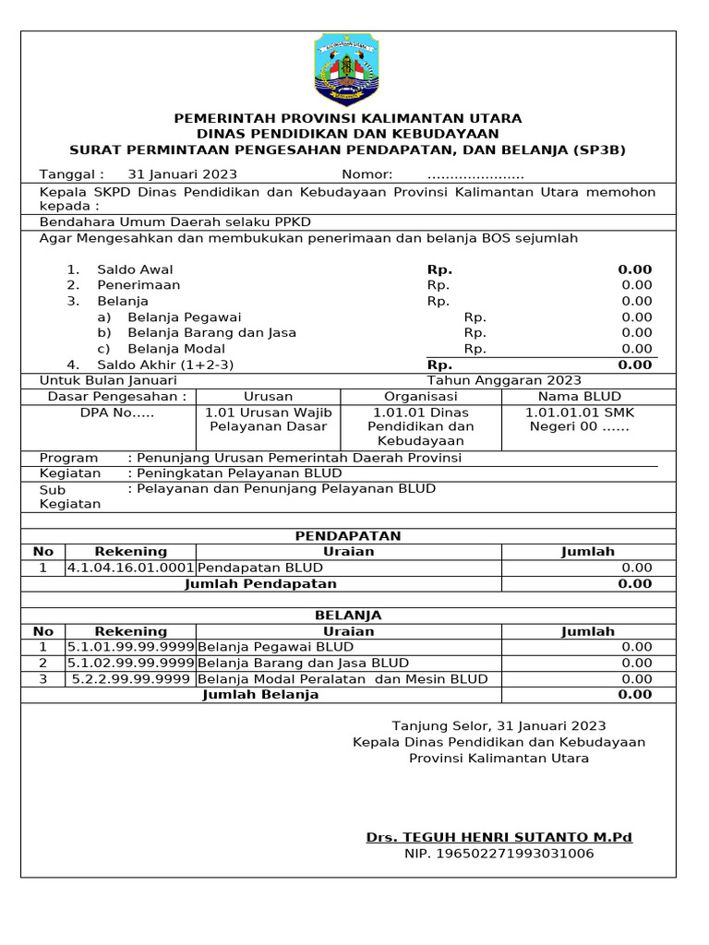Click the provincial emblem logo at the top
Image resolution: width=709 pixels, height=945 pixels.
(x=348, y=70)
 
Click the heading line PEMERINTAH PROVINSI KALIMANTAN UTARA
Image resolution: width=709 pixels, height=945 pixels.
(x=348, y=118)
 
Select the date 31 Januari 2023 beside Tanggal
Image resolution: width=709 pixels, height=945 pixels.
(x=182, y=174)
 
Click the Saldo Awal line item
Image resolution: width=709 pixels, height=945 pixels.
(x=135, y=269)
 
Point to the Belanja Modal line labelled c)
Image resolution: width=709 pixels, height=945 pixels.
(x=166, y=348)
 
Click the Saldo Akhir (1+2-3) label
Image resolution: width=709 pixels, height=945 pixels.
(x=165, y=365)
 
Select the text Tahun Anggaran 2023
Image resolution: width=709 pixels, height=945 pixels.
(x=504, y=380)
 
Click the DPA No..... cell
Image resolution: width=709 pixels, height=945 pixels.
(x=117, y=413)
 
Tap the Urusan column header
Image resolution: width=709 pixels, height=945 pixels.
(x=268, y=396)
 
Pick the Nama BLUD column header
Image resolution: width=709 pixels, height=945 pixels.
(x=579, y=396)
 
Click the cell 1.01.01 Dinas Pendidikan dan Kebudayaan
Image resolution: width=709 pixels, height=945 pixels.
(x=420, y=426)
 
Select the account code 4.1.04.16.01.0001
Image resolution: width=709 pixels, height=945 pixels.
(x=130, y=568)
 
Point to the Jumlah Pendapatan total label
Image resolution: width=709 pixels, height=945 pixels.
(x=261, y=583)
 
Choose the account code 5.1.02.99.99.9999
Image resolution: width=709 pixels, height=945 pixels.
(x=130, y=663)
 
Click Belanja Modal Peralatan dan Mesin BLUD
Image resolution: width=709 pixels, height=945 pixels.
(x=343, y=679)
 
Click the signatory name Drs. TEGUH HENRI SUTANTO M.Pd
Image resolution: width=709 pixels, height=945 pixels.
(x=499, y=837)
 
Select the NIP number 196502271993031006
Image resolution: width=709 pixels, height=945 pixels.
(x=499, y=854)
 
